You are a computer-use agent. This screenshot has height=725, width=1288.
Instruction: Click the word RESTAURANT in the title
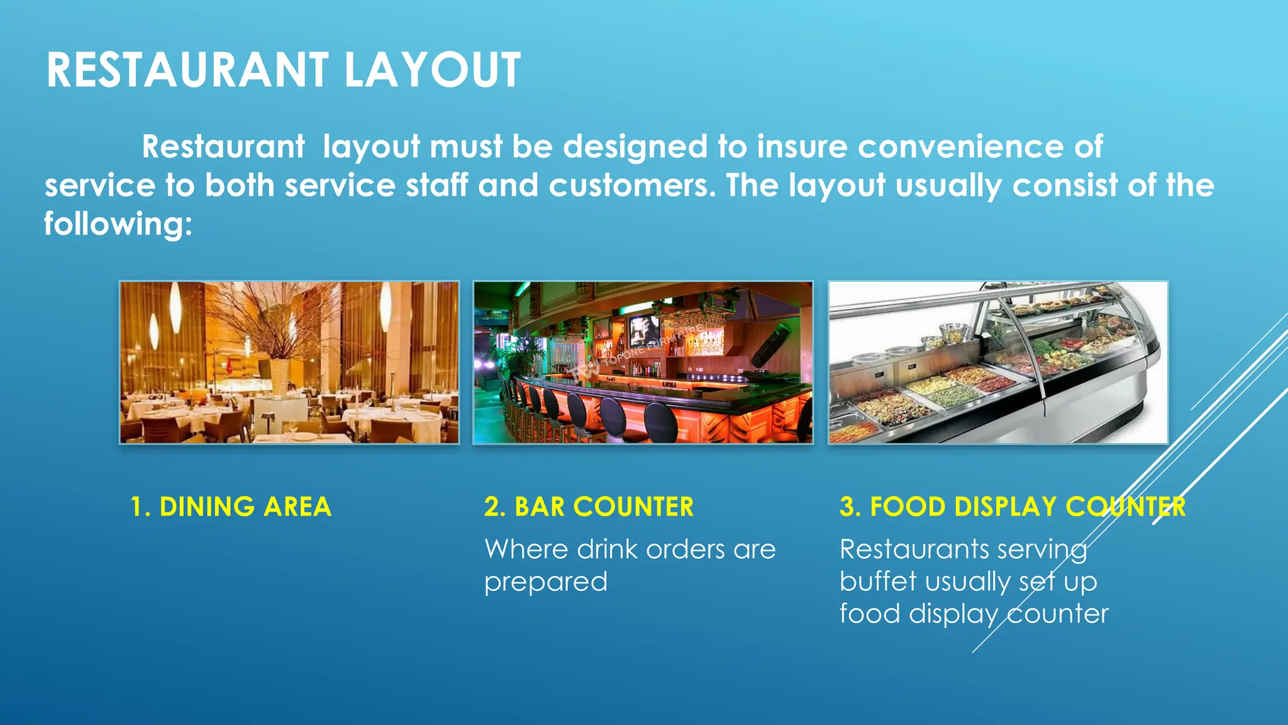point(187,70)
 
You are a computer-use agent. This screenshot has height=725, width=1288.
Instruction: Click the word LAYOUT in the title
point(432,70)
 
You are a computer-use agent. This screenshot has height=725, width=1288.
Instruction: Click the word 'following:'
point(118,224)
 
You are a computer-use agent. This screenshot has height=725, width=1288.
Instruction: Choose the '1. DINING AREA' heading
point(230,507)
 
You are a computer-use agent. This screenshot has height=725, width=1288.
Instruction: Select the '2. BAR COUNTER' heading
point(589,507)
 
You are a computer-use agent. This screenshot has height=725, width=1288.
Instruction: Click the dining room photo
point(289,362)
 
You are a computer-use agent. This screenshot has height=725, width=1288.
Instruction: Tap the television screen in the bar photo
point(643,329)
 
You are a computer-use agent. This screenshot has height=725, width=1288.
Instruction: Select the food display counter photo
point(998,362)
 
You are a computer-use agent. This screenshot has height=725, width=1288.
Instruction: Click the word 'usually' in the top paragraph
point(948,186)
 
